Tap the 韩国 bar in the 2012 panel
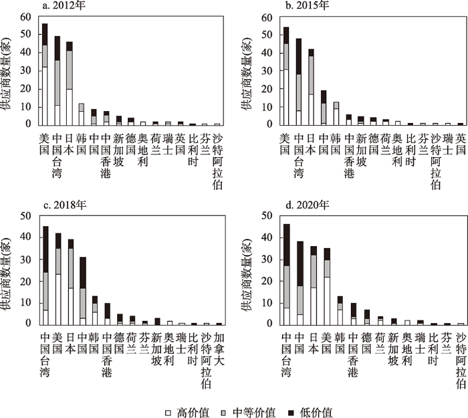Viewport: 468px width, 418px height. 82,114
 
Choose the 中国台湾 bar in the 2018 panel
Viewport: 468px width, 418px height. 45,275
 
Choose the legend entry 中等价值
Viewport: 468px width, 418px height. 256,402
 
